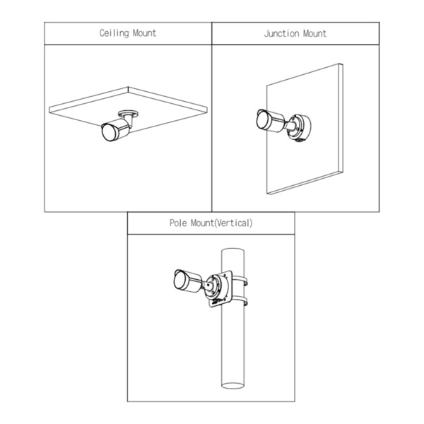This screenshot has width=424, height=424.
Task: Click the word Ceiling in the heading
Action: (114, 33)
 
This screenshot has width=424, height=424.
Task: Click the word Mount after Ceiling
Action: (145, 33)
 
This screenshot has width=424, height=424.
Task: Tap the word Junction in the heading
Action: (282, 33)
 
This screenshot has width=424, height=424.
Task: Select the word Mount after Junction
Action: (314, 33)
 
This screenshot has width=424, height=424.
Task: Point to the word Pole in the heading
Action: (178, 223)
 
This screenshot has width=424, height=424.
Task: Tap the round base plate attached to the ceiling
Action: (128, 113)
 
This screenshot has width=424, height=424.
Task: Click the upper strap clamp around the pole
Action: (240, 281)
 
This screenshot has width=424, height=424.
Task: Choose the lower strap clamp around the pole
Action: (240, 302)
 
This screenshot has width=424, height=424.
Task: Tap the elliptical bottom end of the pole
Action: (232, 385)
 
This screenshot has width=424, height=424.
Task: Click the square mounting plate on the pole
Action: (220, 288)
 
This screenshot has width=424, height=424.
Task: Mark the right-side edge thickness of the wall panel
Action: (341, 118)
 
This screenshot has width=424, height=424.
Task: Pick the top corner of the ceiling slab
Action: (128, 87)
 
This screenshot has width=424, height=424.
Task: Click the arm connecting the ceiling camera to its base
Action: (129, 121)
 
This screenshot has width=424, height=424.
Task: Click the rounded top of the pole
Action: (232, 251)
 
